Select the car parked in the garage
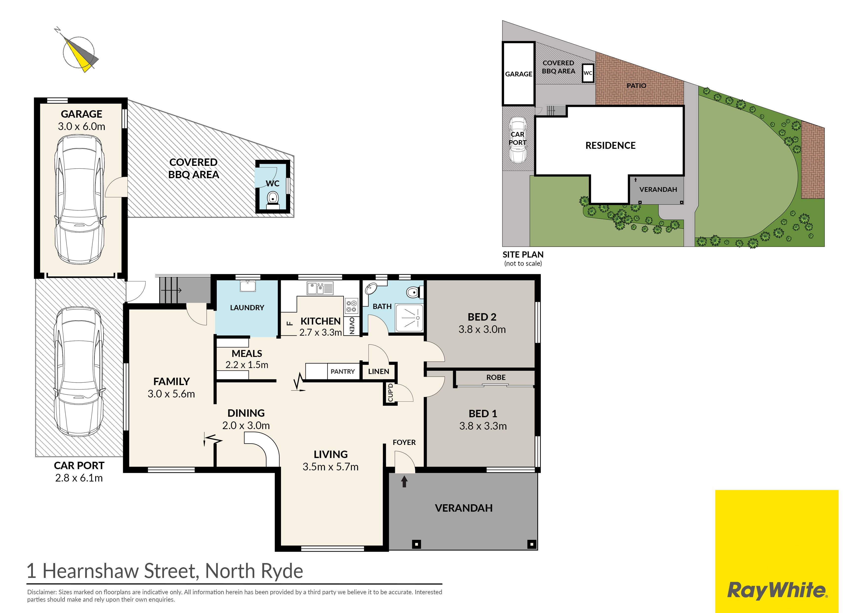pos(80,199)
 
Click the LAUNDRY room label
pos(247,308)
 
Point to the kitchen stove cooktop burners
pos(351,306)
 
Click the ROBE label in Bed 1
pos(496,377)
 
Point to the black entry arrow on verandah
pos(404,482)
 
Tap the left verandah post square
pos(416,544)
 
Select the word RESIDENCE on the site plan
pos(610,145)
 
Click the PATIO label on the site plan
pos(636,86)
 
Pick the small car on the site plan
pos(517,140)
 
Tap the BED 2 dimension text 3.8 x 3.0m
pos(482,329)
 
